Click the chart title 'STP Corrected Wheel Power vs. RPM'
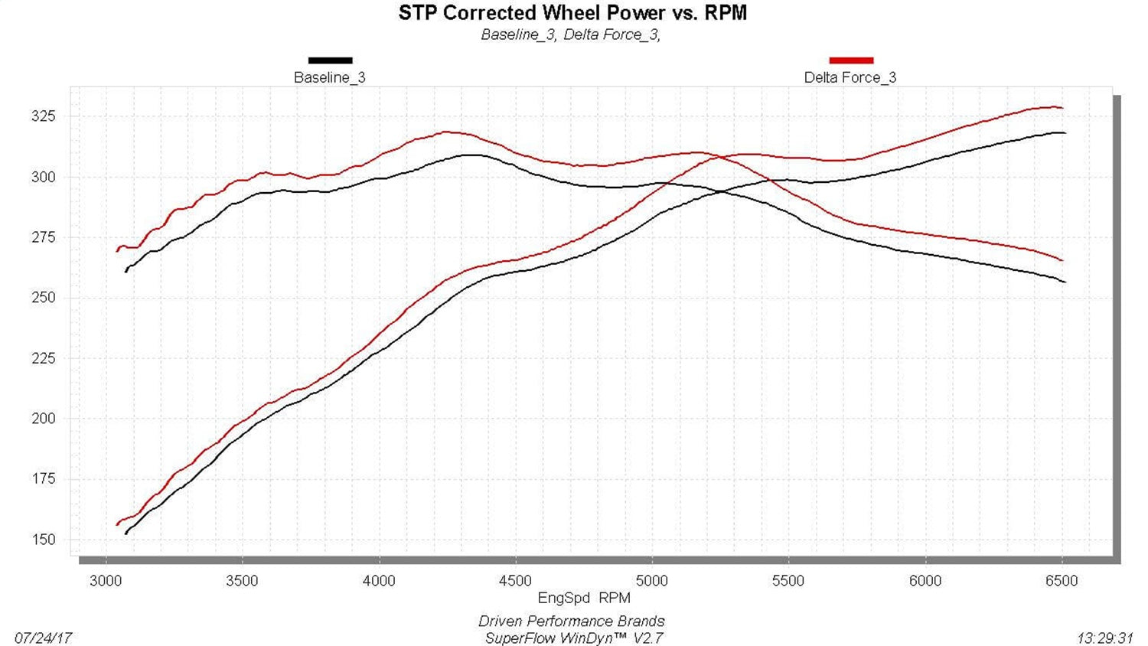point(572,13)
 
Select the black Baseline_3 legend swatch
point(330,60)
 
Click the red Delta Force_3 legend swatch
point(850,60)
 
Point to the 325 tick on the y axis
point(44,116)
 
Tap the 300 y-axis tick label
point(44,177)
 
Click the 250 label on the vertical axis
point(44,298)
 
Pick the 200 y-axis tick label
point(44,419)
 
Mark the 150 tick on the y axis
point(44,540)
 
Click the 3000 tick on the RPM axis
point(106,581)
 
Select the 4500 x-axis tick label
point(515,581)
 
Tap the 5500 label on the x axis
point(788,581)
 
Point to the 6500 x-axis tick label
point(1062,581)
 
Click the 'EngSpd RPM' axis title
point(584,599)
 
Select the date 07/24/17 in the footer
point(43,638)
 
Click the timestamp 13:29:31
point(1104,638)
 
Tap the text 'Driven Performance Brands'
point(572,622)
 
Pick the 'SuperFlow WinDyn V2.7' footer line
point(574,638)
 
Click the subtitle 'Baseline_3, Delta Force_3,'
point(571,34)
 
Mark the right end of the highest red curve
point(1062,108)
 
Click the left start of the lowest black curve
point(126,533)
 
